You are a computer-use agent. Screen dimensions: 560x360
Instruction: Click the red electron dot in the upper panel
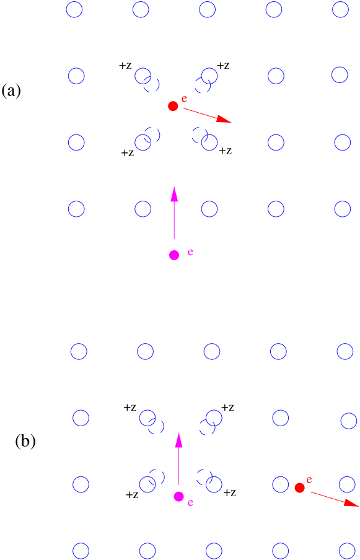tap(173, 106)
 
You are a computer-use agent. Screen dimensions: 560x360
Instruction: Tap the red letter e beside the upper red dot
tap(184, 98)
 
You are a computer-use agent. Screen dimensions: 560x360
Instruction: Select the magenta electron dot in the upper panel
tap(174, 255)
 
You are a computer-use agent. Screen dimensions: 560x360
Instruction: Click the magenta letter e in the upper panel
tap(190, 252)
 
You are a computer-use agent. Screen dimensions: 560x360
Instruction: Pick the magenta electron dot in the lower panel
tap(179, 496)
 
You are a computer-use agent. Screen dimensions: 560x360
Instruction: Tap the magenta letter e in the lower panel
tap(190, 503)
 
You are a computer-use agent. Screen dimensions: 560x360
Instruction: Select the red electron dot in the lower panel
tap(299, 488)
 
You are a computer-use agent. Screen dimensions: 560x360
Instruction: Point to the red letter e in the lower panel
tap(309, 479)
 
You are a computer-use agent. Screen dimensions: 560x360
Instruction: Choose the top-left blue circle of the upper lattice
tap(74, 10)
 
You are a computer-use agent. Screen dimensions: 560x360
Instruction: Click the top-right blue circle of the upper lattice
tap(340, 9)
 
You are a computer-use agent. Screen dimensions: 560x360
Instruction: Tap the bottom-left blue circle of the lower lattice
tap(81, 551)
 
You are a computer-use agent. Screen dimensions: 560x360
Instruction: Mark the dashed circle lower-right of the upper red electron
tap(199, 134)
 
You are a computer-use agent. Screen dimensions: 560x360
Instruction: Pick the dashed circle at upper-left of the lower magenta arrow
tap(157, 426)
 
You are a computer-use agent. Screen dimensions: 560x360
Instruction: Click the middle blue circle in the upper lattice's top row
tap(207, 9)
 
